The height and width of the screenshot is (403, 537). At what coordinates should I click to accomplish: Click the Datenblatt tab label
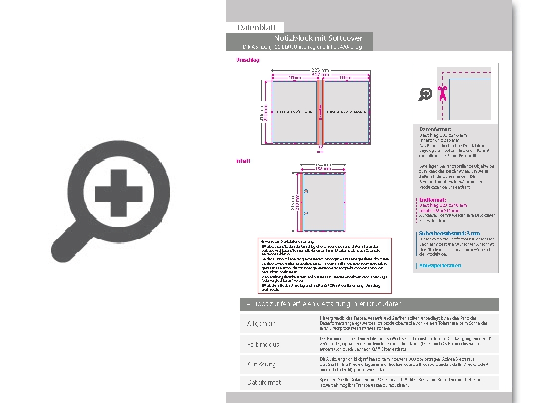256,27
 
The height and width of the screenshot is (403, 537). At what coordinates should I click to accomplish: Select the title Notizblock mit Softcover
318,38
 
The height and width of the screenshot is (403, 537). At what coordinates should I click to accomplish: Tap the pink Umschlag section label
248,60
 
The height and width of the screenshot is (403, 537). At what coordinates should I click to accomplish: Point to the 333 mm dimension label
320,70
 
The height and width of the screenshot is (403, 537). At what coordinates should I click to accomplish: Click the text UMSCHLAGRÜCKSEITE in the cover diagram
294,112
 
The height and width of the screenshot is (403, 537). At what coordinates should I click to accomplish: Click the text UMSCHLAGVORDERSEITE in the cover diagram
346,112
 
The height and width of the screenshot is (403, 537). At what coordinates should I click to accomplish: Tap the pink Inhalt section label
243,161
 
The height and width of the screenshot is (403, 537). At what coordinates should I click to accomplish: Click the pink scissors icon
442,93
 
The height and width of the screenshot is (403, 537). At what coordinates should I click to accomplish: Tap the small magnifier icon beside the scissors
425,94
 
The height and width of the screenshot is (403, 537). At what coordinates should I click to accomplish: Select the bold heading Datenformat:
435,130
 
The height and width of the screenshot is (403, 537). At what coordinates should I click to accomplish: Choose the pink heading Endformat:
432,200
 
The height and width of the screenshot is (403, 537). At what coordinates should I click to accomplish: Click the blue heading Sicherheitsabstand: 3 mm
449,233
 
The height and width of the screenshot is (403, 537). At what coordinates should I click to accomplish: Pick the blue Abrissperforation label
440,265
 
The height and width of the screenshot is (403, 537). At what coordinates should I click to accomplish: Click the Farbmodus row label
263,344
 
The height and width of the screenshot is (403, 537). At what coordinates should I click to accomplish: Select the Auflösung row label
262,364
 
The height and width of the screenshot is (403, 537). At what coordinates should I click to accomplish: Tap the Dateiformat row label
264,382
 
